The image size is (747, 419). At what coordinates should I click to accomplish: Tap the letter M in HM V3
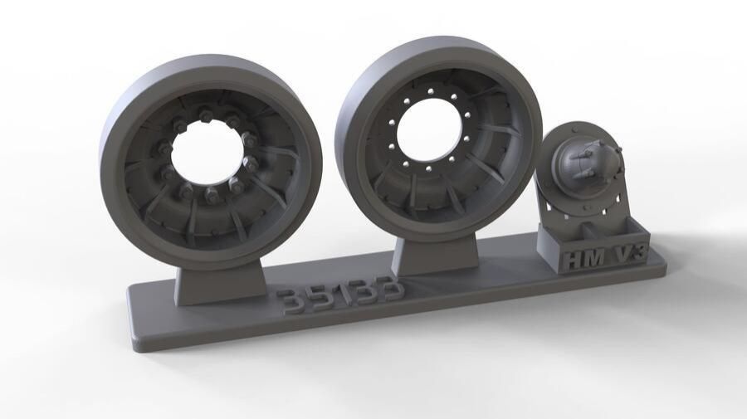pyautogui.click(x=595, y=256)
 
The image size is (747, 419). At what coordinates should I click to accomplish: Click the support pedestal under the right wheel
pyautogui.click(x=436, y=253)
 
